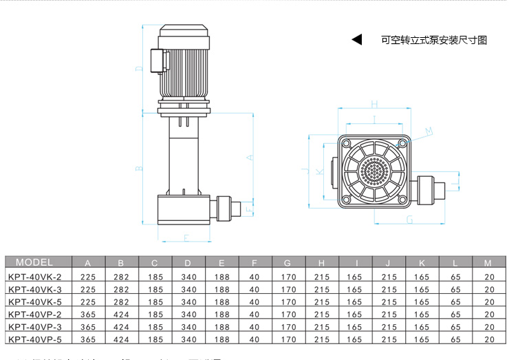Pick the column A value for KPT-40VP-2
(x=88, y=315)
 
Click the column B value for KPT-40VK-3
(x=121, y=290)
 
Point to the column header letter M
(x=488, y=263)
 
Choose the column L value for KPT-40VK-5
(x=455, y=302)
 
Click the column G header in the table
(x=288, y=263)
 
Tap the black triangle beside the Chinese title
(x=356, y=40)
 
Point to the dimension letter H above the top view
(x=374, y=104)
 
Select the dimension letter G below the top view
(x=410, y=220)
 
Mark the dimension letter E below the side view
(x=186, y=237)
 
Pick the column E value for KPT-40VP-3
(x=221, y=327)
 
